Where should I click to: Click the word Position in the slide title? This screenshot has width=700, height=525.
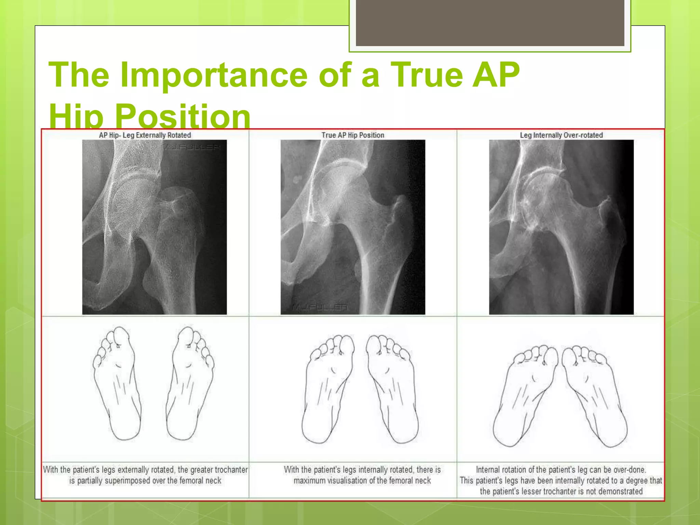(183, 116)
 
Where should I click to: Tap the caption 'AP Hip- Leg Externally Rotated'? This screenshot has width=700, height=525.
(145, 135)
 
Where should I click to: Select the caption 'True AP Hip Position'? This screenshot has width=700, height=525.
(353, 135)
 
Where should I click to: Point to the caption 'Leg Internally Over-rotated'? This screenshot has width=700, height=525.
(561, 135)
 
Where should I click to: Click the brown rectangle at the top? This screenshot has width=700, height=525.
(490, 23)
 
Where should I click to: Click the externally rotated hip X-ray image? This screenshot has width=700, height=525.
(154, 227)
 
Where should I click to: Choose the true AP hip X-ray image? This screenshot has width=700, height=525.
(353, 227)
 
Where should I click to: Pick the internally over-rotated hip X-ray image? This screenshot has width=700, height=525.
(561, 227)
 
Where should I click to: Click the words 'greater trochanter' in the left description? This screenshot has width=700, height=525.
(219, 470)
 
